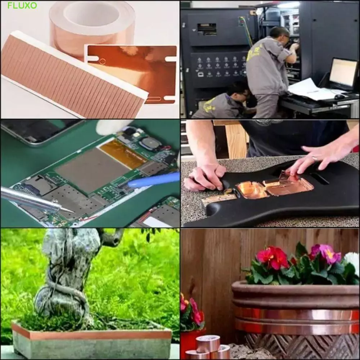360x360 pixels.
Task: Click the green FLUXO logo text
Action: click(x=22, y=5)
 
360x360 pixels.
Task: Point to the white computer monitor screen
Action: click(x=343, y=73)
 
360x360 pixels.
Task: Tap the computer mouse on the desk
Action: click(x=339, y=96)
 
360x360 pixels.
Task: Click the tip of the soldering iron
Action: click(x=73, y=212)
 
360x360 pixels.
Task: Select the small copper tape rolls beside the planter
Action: click(x=208, y=348)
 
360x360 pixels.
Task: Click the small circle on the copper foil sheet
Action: click(x=102, y=62)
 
